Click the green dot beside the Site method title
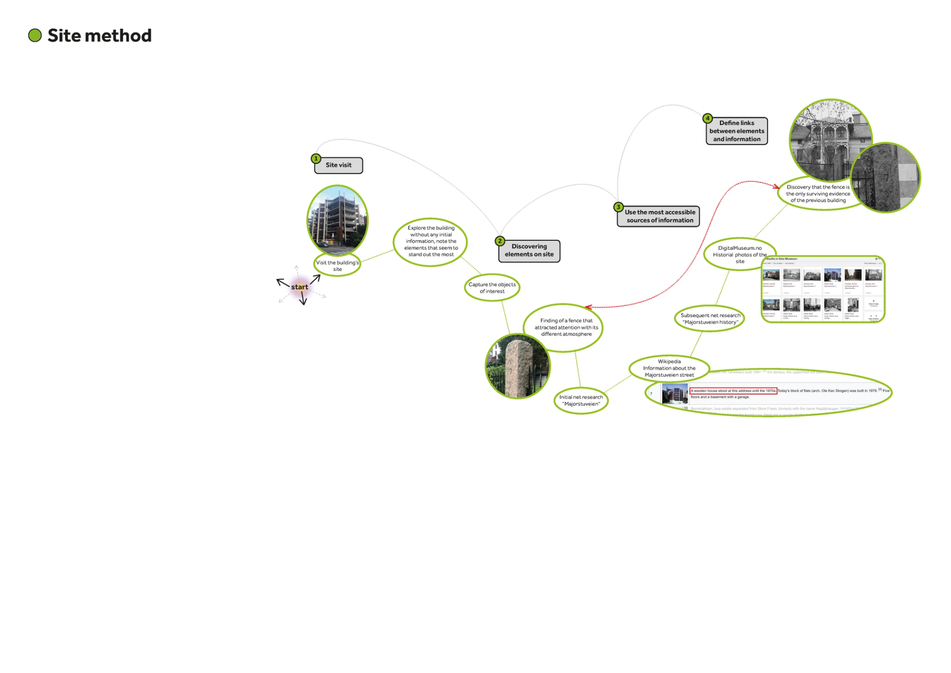(x=35, y=36)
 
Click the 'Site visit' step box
(x=339, y=165)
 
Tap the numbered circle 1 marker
(x=316, y=159)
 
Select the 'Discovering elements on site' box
(x=529, y=250)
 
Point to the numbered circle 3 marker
(x=619, y=207)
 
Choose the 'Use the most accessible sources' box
(x=659, y=216)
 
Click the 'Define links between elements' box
(x=736, y=131)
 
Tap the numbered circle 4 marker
(x=707, y=119)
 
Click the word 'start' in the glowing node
(x=299, y=287)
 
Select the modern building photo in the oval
(x=337, y=220)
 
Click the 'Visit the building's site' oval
(x=337, y=265)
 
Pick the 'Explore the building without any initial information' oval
(x=430, y=241)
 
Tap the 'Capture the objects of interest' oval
(x=492, y=288)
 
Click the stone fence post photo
(x=518, y=367)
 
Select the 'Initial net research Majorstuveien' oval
(x=581, y=401)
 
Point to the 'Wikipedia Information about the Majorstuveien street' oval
(x=669, y=368)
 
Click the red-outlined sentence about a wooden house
(x=733, y=391)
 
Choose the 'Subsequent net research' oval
(x=710, y=319)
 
